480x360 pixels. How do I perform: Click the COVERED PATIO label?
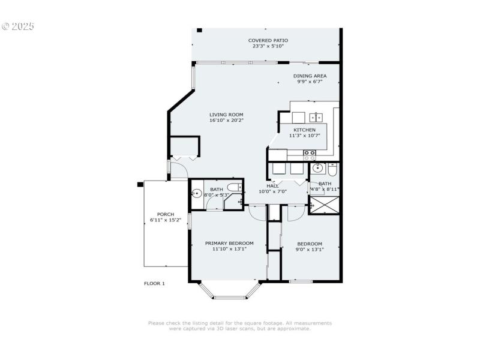266,40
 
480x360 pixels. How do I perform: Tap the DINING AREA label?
310,76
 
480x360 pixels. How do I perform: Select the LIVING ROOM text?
226,115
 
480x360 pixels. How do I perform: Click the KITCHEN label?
304,130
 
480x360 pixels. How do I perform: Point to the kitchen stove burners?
310,154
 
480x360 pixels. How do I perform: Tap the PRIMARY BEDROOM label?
229,243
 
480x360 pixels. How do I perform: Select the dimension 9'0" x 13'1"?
310,250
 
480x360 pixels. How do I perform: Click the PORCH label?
166,214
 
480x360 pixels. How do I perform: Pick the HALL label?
273,185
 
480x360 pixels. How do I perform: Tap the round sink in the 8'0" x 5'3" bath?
196,193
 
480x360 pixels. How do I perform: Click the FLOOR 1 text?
154,283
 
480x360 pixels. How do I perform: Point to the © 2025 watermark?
18,26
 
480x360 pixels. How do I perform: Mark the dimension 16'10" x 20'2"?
226,121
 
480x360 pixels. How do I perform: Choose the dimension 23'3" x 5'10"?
266,46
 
